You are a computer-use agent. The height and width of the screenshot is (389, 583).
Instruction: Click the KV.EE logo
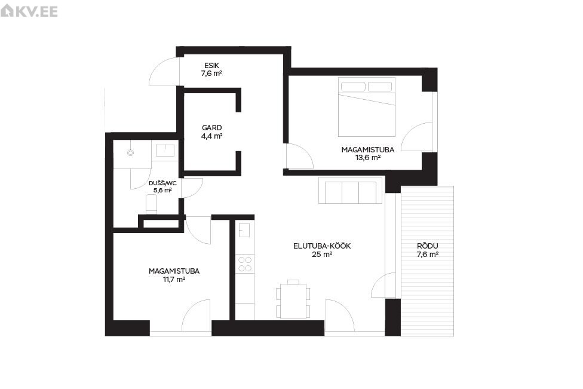pos(29,11)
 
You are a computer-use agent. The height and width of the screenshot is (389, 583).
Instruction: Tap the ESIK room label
pos(211,66)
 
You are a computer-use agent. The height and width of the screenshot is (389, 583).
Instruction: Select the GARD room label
pos(211,128)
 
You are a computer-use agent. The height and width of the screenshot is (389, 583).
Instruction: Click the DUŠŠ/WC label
pos(162,183)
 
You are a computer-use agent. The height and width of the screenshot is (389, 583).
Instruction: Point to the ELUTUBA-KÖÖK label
pos(322,246)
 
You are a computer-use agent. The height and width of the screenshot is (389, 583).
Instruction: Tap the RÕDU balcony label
pos(428,246)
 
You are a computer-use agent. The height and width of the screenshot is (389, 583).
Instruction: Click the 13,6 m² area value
pos(368,158)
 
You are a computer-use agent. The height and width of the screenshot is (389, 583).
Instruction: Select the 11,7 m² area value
pos(174,279)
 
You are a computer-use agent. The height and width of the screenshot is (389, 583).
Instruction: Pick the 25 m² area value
pos(322,255)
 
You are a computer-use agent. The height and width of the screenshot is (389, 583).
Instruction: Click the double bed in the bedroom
pos(367,107)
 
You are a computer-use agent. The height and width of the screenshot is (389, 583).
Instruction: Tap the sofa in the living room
pos(350,190)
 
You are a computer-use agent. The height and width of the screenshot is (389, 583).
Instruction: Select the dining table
pos(293,301)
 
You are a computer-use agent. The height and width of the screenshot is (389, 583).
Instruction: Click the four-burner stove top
pos(245,264)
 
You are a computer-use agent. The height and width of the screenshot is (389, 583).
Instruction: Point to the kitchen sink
pos(244,230)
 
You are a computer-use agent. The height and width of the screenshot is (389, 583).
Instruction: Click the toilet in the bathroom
pos(151,205)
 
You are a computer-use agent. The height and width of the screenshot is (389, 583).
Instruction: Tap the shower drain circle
pos(130,152)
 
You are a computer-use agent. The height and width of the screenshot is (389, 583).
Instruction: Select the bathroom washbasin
pos(165,150)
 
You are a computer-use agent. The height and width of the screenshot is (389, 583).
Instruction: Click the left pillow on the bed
pos(353,87)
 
